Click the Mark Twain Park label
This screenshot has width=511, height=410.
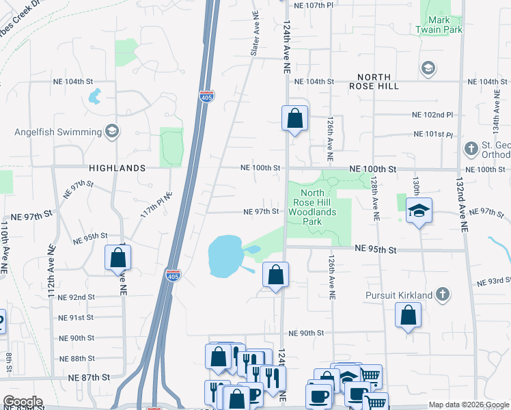click(444, 25)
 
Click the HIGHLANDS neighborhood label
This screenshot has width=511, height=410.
click(117, 168)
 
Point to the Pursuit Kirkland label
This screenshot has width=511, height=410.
click(398, 295)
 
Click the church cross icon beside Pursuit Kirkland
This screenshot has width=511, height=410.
click(443, 295)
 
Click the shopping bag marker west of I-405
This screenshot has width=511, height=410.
click(118, 258)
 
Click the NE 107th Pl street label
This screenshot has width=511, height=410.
click(312, 5)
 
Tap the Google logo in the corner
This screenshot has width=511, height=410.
click(23, 402)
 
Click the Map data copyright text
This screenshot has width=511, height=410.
click(468, 405)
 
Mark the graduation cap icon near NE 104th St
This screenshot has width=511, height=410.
click(428, 68)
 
